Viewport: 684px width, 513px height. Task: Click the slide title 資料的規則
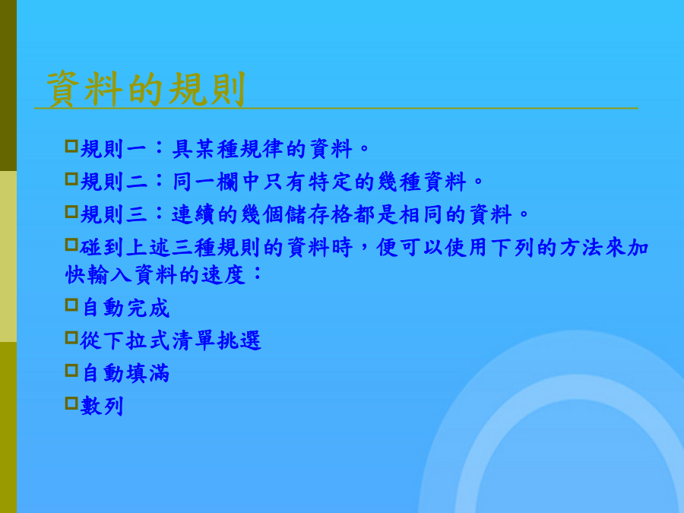[x=146, y=90]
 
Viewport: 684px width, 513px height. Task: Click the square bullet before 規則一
[x=71, y=146]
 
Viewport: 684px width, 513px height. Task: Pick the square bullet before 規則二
[x=71, y=179]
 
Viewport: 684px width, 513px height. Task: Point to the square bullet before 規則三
[x=71, y=211]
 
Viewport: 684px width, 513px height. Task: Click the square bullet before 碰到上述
[x=71, y=244]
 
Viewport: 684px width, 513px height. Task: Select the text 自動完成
[x=125, y=308]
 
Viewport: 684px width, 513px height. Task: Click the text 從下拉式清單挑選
[x=170, y=340]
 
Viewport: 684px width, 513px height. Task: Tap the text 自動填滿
[x=125, y=373]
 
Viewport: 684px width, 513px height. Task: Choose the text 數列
[x=102, y=406]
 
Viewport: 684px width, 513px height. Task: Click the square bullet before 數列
[x=71, y=403]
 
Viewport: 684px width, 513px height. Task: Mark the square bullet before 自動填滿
[x=71, y=370]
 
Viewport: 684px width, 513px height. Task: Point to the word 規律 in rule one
[x=263, y=149]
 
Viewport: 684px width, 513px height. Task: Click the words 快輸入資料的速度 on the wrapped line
[x=155, y=275]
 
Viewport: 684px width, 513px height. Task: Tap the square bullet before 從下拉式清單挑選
[x=71, y=337]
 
